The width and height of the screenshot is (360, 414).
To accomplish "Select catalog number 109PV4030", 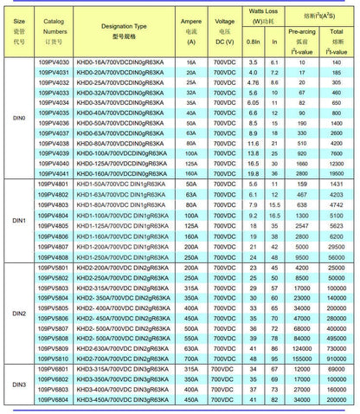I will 54,63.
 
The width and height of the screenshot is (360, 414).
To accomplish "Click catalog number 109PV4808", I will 54,256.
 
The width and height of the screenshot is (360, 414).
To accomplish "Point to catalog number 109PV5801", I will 54,268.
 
